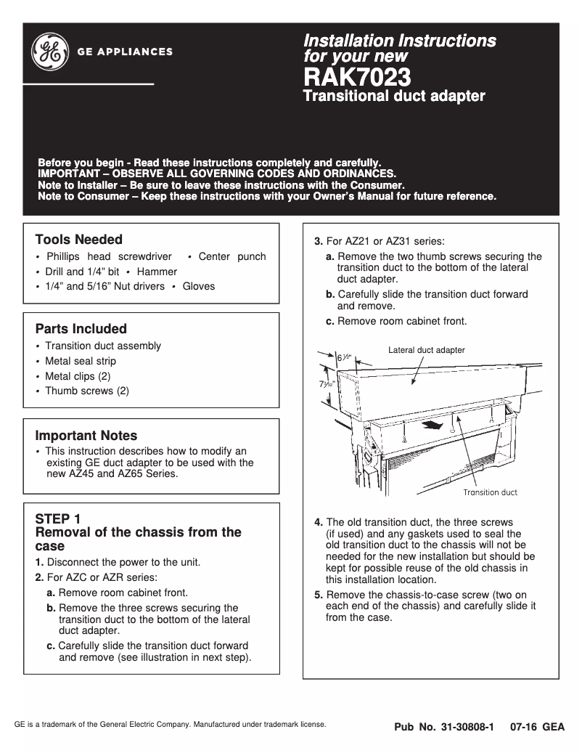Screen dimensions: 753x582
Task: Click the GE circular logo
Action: click(x=49, y=52)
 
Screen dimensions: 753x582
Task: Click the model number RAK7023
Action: click(x=357, y=76)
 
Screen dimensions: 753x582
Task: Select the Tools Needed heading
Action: click(x=78, y=240)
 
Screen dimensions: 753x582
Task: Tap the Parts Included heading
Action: click(x=81, y=329)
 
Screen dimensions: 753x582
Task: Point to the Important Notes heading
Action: click(x=86, y=436)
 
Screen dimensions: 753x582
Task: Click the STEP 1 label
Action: click(x=58, y=519)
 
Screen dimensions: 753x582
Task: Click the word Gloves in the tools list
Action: click(x=199, y=286)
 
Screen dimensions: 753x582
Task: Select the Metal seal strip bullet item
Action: click(x=81, y=361)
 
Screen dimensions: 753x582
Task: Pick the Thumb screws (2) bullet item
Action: click(x=87, y=391)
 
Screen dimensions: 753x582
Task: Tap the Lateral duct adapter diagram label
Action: click(x=426, y=350)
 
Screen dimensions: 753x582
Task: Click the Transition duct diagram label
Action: click(x=490, y=492)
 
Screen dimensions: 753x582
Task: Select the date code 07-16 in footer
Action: click(x=522, y=727)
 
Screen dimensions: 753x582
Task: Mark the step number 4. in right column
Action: click(x=319, y=522)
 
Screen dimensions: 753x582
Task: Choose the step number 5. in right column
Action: click(x=319, y=595)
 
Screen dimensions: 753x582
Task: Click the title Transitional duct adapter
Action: click(x=393, y=96)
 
